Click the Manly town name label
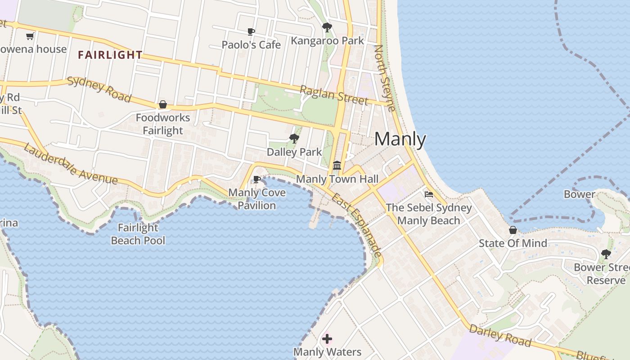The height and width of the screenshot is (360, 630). pos(400,139)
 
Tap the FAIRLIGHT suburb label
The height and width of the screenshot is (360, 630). pos(110,55)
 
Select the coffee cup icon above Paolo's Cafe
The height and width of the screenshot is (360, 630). pos(251,31)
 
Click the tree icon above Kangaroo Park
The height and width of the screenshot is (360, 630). pos(327,27)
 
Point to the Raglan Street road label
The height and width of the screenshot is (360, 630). pos(334,95)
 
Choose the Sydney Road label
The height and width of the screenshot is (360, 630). pos(99,90)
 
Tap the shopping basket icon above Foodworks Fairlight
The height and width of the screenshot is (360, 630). pos(163,105)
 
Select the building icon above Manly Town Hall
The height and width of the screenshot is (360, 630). pos(337,166)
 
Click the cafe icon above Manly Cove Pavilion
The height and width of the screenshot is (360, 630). pos(257,180)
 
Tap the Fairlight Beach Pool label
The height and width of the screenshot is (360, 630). pos(138,234)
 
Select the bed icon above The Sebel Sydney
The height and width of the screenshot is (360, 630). pos(429,194)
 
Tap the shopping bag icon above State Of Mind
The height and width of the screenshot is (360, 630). pos(513,230)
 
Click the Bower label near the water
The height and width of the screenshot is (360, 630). pos(580,194)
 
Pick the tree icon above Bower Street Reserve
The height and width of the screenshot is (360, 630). pos(606,254)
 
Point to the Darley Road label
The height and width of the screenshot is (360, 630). pos(500,335)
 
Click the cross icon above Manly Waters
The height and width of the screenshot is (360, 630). pos(327,338)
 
